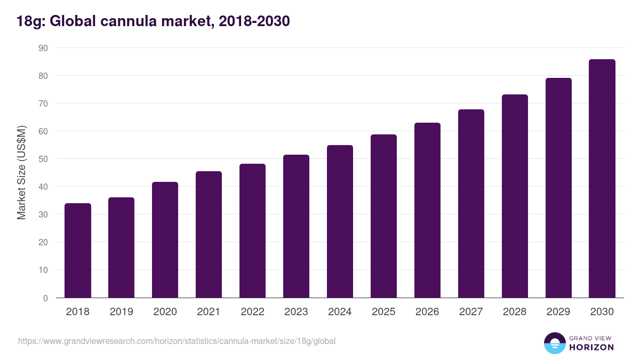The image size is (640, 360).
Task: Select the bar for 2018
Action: pyautogui.click(x=78, y=251)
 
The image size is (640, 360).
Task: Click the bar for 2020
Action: pyautogui.click(x=165, y=240)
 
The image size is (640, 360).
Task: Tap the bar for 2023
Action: pyautogui.click(x=296, y=227)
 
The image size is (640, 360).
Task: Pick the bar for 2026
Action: pyautogui.click(x=427, y=211)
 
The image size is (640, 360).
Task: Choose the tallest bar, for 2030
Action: pyautogui.click(x=602, y=179)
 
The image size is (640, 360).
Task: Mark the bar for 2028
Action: pyautogui.click(x=515, y=196)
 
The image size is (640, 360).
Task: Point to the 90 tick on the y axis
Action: pyautogui.click(x=43, y=48)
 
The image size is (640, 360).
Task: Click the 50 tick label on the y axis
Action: pyautogui.click(x=43, y=159)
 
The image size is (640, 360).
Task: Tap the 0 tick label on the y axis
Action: pyautogui.click(x=45, y=298)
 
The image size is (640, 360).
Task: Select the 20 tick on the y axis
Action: pyautogui.click(x=43, y=242)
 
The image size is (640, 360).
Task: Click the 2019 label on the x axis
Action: pyautogui.click(x=122, y=312)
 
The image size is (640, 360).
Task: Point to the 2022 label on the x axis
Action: pyautogui.click(x=252, y=312)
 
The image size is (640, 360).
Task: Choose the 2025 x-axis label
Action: pyautogui.click(x=383, y=312)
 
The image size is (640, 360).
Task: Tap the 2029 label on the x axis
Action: pyautogui.click(x=558, y=312)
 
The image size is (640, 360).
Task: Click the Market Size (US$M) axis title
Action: pyautogui.click(x=22, y=173)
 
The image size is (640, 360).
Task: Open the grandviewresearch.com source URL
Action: pyautogui.click(x=177, y=341)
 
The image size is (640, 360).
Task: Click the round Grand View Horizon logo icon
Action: pyautogui.click(x=554, y=343)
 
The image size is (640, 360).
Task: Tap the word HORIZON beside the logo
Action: pyautogui.click(x=591, y=347)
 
